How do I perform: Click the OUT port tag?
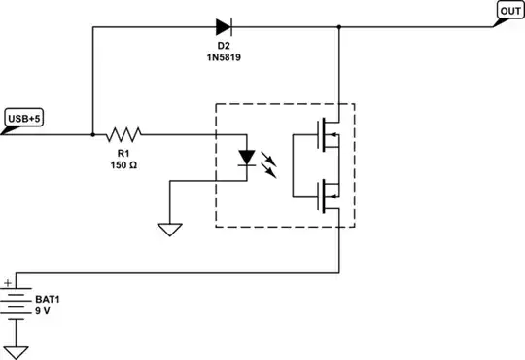click(510, 11)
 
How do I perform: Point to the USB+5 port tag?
click(24, 119)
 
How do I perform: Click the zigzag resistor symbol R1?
click(124, 134)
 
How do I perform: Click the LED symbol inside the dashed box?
click(249, 156)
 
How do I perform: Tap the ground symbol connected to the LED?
click(170, 231)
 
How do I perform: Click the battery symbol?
click(17, 303)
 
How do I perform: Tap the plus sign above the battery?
click(8, 282)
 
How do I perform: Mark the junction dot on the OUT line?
click(338, 26)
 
